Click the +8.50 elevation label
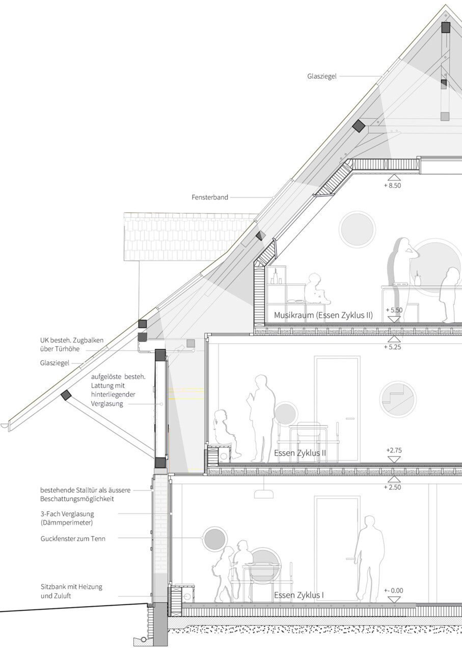392,185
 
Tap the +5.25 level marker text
392,347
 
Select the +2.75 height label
394,450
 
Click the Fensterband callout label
210,197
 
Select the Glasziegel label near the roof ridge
322,76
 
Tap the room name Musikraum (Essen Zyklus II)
323,315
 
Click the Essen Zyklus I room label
298,595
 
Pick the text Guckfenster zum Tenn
73,538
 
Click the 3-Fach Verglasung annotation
67,514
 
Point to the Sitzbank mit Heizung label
71,587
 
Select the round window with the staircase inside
397,399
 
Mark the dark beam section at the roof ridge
446,28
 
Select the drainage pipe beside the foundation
143,639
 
